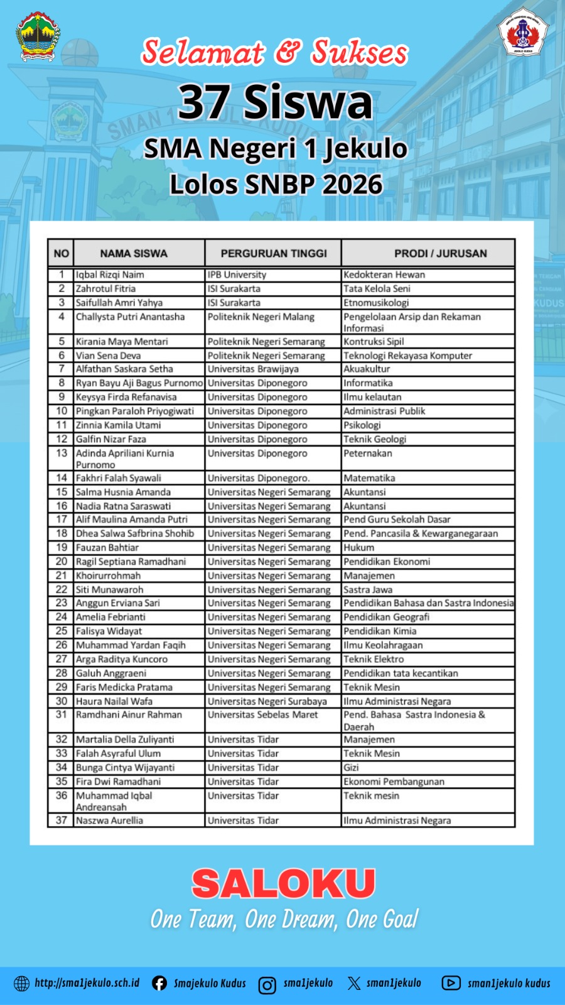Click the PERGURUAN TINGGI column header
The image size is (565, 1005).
click(x=273, y=253)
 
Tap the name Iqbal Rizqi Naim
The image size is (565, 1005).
click(x=110, y=274)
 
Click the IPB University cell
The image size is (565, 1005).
click(x=237, y=274)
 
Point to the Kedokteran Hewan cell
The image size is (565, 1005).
click(x=384, y=274)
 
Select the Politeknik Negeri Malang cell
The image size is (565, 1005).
click(x=261, y=317)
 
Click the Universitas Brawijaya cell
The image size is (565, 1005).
click(x=253, y=369)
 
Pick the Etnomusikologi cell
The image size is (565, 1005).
click(x=376, y=302)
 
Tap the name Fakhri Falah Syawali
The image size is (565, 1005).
click(x=118, y=478)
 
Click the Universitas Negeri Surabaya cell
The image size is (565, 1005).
click(x=267, y=701)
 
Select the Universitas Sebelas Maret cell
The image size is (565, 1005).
click(x=262, y=715)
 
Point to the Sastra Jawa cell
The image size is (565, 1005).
click(x=368, y=589)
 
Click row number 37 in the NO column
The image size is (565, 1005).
click(x=61, y=820)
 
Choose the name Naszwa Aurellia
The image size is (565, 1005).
click(x=109, y=820)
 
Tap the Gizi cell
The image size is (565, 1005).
click(x=351, y=768)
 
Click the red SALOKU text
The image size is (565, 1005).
click(x=283, y=884)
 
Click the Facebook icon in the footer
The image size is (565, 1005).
click(x=159, y=983)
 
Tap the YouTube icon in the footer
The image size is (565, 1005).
click(x=451, y=983)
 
